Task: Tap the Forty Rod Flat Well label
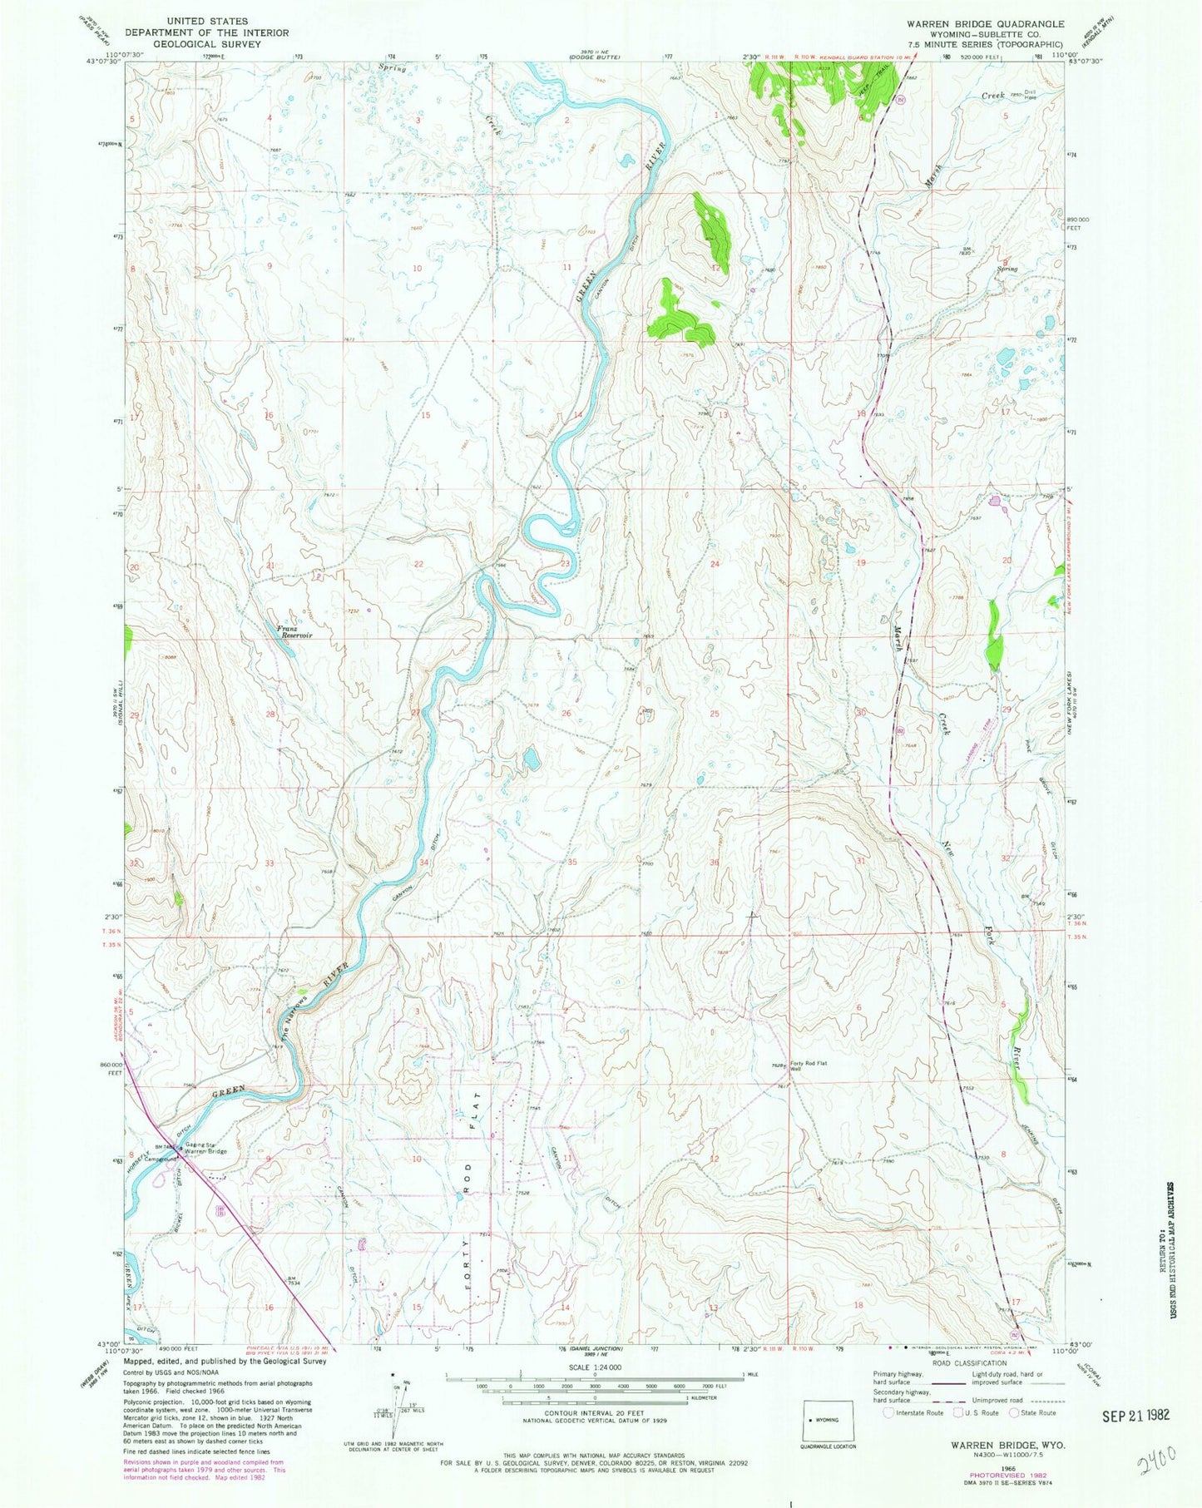(808, 1066)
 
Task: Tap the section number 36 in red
(714, 862)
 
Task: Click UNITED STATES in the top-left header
(195, 21)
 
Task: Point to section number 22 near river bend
(419, 564)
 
